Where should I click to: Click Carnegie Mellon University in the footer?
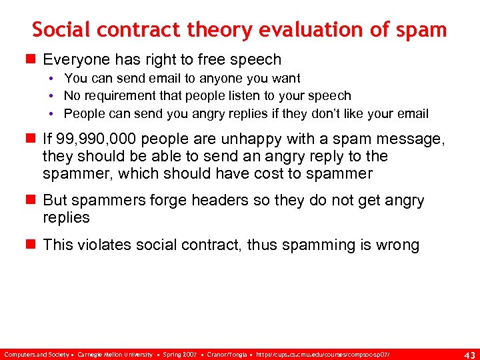click(x=115, y=353)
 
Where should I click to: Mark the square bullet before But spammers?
click(x=32, y=201)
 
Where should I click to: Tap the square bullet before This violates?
click(x=32, y=245)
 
